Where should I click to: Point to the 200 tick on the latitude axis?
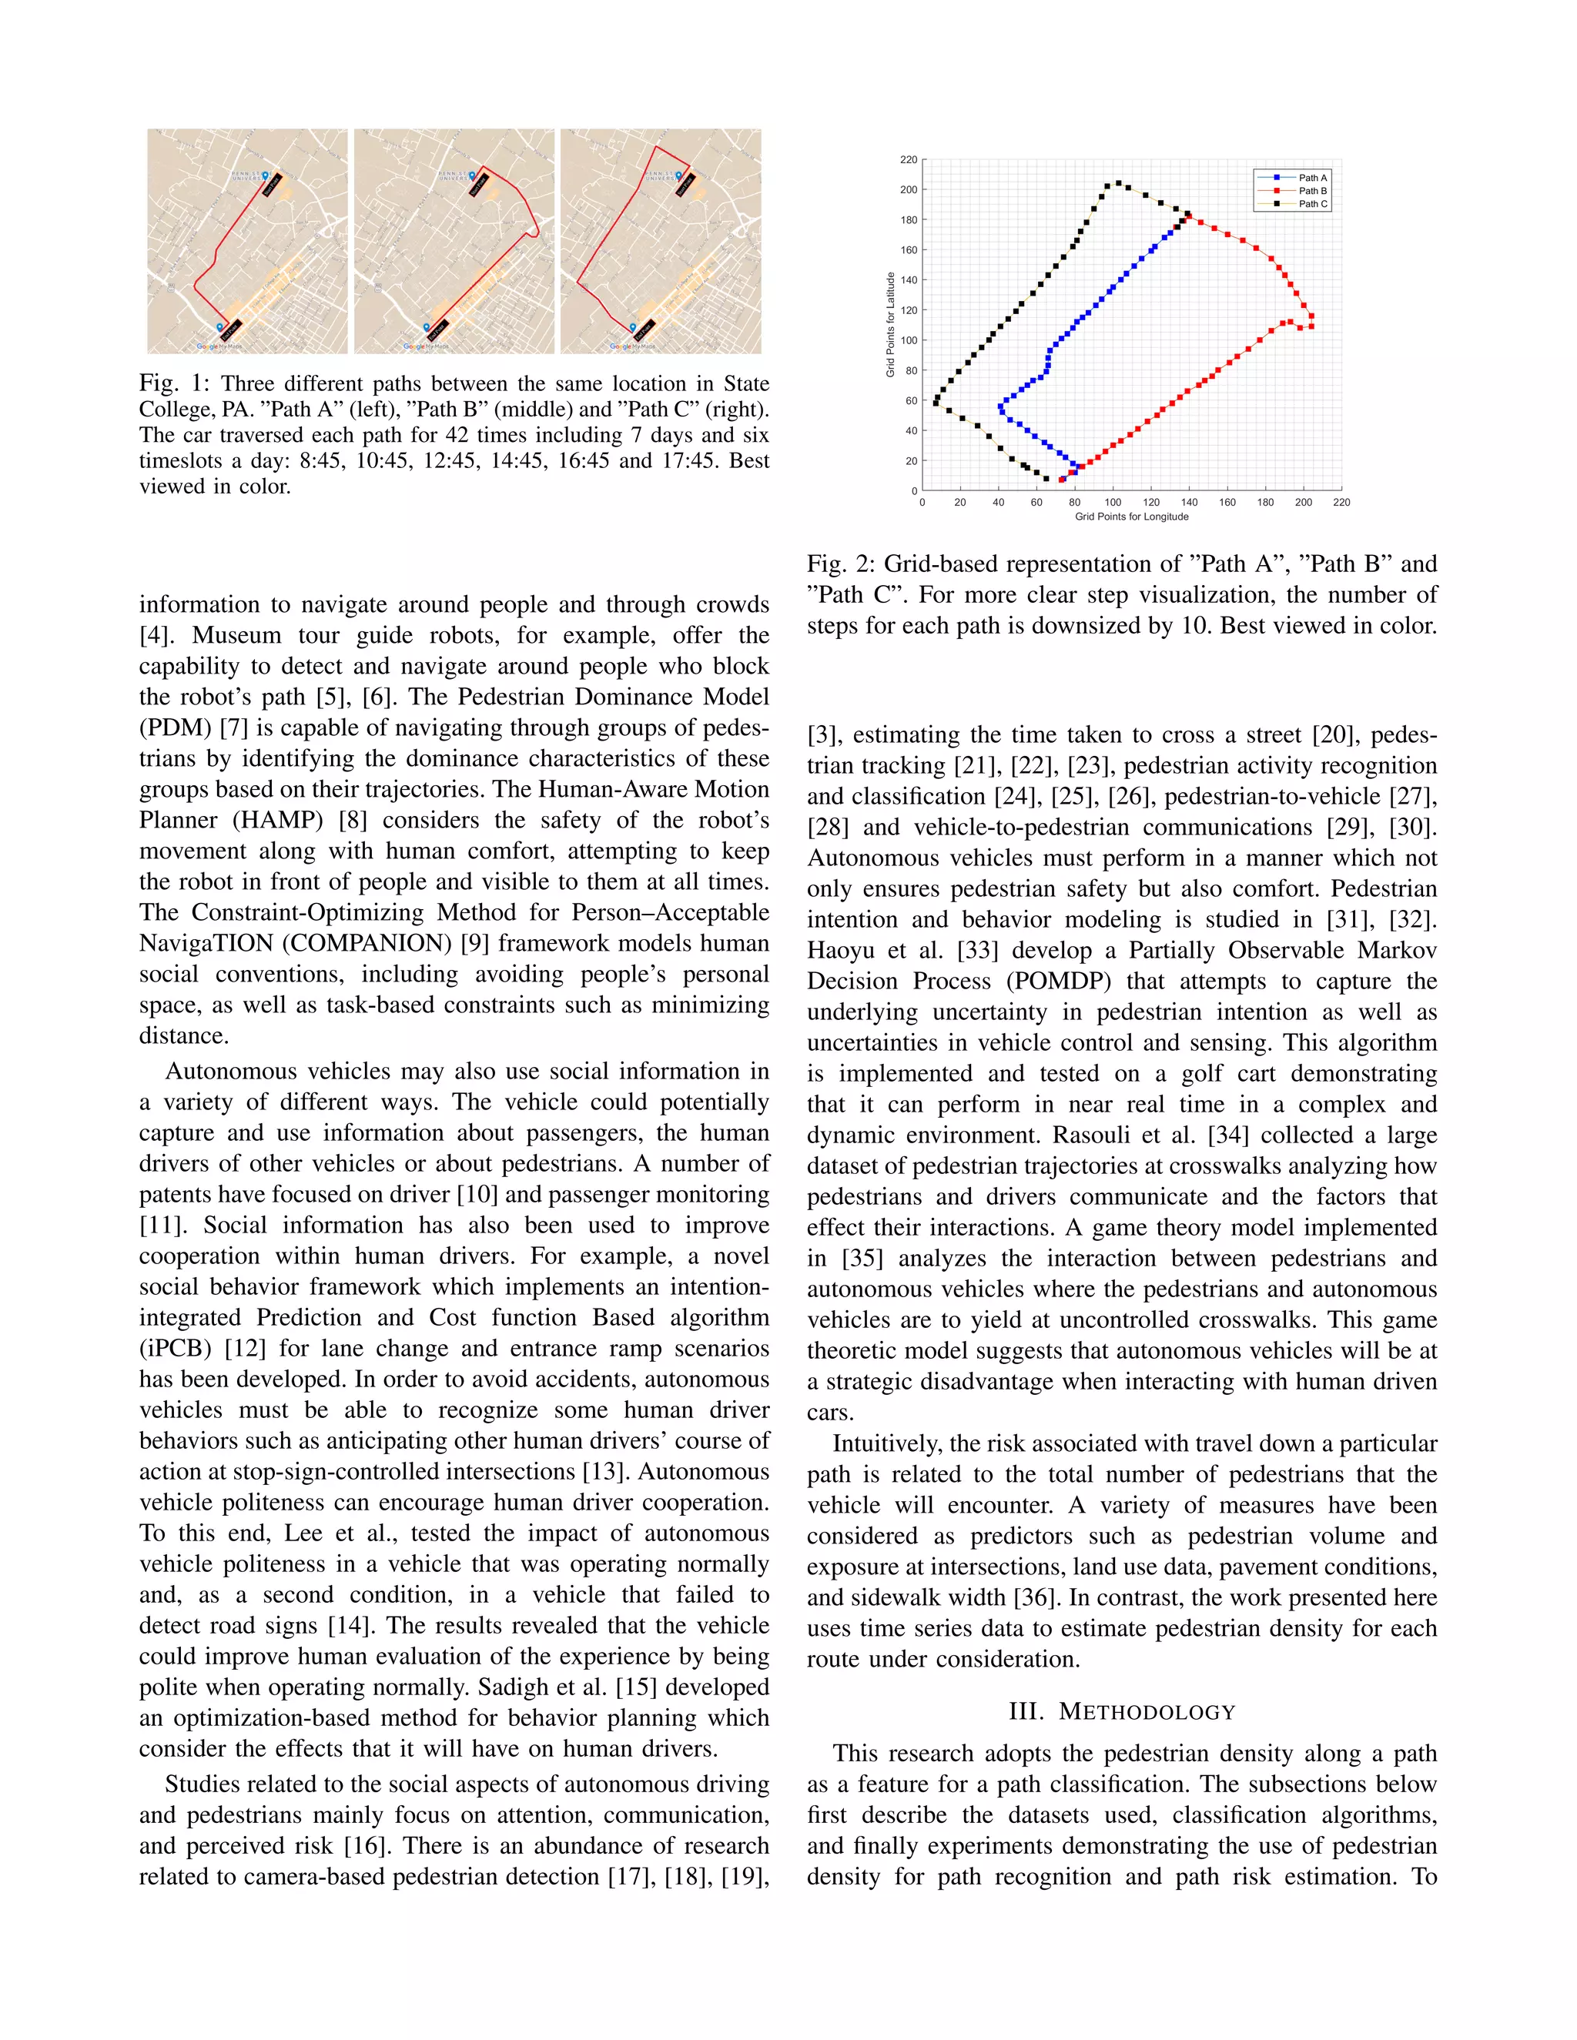[x=908, y=189]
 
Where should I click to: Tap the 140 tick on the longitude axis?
[x=1189, y=503]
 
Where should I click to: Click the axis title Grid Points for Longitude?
[x=1131, y=517]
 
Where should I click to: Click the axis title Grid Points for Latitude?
[x=890, y=325]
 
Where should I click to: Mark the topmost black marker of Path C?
[x=1118, y=183]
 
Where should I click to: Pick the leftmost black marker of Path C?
[x=935, y=403]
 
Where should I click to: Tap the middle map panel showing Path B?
[x=454, y=241]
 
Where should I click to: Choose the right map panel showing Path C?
[x=661, y=241]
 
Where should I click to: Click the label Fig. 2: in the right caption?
[x=841, y=564]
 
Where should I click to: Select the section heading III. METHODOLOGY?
[x=1122, y=1712]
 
